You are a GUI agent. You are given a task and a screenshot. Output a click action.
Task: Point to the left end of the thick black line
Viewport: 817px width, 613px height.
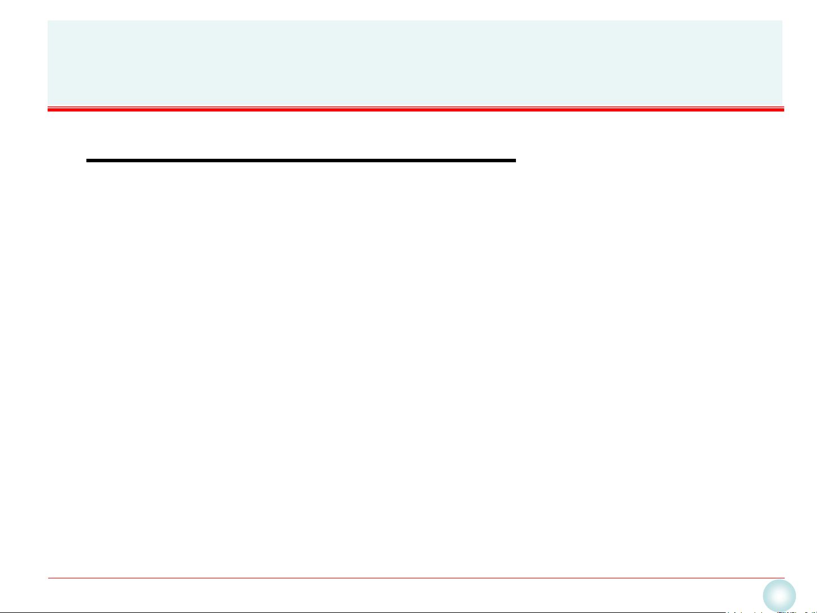(87, 161)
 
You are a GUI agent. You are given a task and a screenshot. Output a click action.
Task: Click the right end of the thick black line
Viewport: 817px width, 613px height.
(515, 161)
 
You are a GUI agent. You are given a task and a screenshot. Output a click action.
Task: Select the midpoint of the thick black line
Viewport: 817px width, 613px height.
(301, 161)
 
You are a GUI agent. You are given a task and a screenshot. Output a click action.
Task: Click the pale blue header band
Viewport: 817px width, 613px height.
(414, 62)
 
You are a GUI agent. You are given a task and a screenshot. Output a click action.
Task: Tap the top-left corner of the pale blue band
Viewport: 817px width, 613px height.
(48, 21)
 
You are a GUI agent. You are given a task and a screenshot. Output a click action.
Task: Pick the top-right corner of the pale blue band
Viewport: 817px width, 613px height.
(782, 21)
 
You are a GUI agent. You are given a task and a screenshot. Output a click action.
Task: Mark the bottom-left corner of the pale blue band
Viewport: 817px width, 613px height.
(48, 104)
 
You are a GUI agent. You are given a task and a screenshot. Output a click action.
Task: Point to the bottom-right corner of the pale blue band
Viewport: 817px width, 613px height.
(782, 104)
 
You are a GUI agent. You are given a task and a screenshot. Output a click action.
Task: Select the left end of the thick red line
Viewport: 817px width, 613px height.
(48, 109)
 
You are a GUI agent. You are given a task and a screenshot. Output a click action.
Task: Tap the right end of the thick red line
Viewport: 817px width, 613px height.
(784, 109)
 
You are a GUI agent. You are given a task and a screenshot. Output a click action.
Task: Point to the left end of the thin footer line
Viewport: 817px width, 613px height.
(49, 578)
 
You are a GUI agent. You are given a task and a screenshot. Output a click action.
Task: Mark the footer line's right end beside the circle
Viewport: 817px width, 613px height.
(784, 578)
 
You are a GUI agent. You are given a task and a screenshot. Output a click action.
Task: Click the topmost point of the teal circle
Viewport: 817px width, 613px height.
(779, 580)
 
